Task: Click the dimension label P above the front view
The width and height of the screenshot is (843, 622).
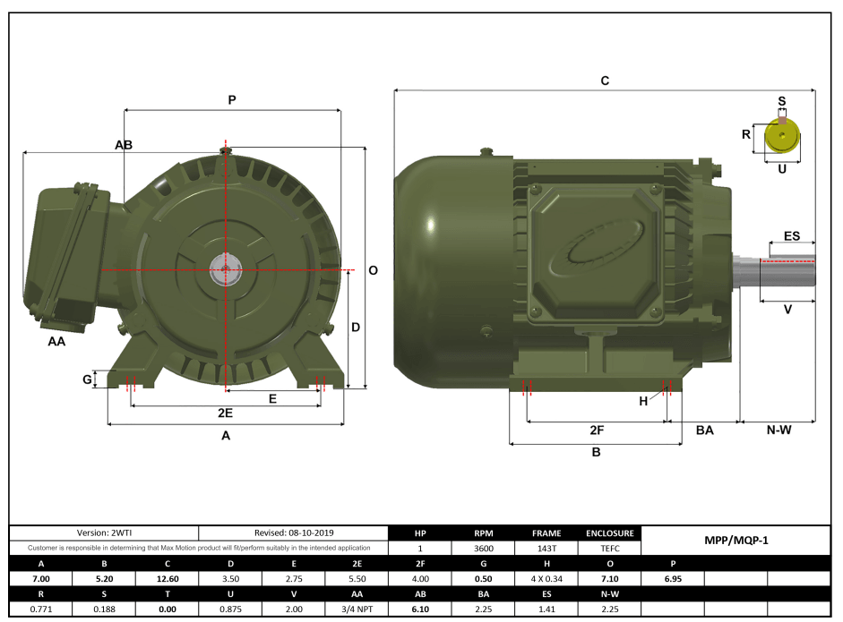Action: pyautogui.click(x=231, y=100)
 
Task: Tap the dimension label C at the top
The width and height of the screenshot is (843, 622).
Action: pyautogui.click(x=605, y=81)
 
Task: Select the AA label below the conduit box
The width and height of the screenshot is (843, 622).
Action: pyautogui.click(x=56, y=341)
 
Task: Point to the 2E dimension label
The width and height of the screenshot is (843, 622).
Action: pyautogui.click(x=225, y=413)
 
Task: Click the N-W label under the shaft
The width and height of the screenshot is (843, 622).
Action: pyautogui.click(x=778, y=430)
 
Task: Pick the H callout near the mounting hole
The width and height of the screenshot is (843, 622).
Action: pyautogui.click(x=643, y=401)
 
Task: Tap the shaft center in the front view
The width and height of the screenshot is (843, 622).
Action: pyautogui.click(x=225, y=268)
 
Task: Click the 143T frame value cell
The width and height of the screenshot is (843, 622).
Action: pyautogui.click(x=546, y=548)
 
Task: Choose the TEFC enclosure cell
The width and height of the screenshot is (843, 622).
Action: pyautogui.click(x=610, y=548)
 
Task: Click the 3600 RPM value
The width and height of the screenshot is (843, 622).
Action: pyautogui.click(x=484, y=548)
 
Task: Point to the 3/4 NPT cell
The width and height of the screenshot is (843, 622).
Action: pyautogui.click(x=357, y=609)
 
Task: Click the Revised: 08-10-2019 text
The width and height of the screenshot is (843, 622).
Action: pyautogui.click(x=293, y=533)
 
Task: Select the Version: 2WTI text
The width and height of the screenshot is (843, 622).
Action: pyautogui.click(x=104, y=533)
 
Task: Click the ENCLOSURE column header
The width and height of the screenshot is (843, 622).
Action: pyautogui.click(x=610, y=533)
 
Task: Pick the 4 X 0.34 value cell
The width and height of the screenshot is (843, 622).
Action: pyautogui.click(x=546, y=579)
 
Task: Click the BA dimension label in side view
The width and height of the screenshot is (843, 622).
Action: pyautogui.click(x=705, y=430)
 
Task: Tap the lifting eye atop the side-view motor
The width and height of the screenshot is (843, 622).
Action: pyautogui.click(x=486, y=153)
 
